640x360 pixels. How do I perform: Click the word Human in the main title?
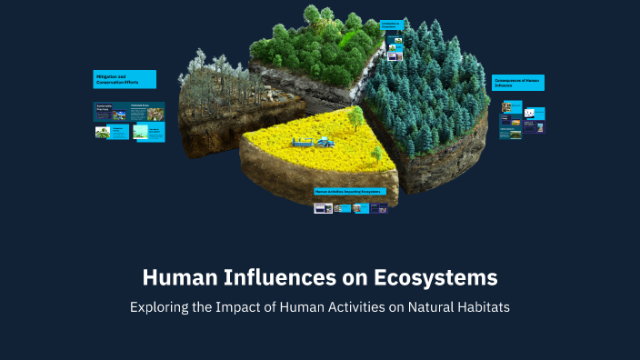[177, 275]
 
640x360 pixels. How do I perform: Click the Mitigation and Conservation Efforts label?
[125, 79]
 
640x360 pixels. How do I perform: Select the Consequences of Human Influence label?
[518, 83]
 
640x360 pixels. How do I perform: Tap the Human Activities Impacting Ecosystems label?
[350, 192]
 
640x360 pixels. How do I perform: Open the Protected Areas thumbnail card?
[146, 112]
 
